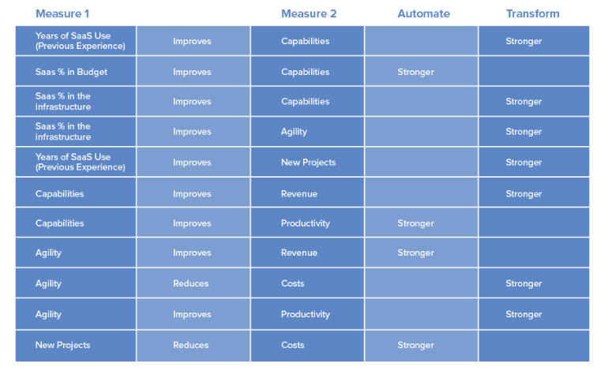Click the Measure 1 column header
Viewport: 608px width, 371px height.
[x=62, y=14]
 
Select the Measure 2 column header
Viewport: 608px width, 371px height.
[x=309, y=14]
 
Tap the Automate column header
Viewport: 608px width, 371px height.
[x=424, y=14]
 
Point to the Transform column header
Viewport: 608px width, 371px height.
[x=533, y=14]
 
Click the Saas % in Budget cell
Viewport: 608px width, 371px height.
[x=71, y=72]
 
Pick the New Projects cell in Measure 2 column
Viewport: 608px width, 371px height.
[x=308, y=163]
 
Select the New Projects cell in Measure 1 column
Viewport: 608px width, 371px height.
[x=63, y=345]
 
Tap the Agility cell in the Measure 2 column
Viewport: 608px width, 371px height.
[x=294, y=132]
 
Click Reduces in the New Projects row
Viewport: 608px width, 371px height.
[x=191, y=345]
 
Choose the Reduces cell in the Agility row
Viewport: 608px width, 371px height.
[x=191, y=283]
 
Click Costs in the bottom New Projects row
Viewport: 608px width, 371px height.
[x=293, y=345]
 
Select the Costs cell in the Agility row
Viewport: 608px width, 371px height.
[x=293, y=283]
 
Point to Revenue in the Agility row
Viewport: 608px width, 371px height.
[x=299, y=253]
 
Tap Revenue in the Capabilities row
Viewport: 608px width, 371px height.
[x=299, y=194]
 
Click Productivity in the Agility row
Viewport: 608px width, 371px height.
[x=306, y=314]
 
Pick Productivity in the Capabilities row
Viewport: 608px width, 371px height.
[x=306, y=223]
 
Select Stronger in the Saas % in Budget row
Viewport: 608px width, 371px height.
[x=415, y=72]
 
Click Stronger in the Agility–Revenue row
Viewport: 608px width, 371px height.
[x=415, y=253]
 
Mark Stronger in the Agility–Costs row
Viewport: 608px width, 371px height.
[x=524, y=283]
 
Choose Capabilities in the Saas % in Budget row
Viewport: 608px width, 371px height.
[x=305, y=72]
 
